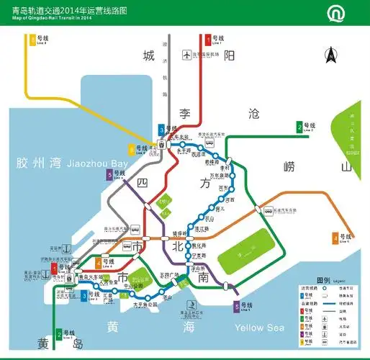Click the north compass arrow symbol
[x=332, y=54]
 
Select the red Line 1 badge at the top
[x=208, y=40]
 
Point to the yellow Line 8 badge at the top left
[x=32, y=40]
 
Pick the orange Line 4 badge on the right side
[x=335, y=238]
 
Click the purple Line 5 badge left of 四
[x=109, y=174]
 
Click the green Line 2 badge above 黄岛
[x=58, y=333]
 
